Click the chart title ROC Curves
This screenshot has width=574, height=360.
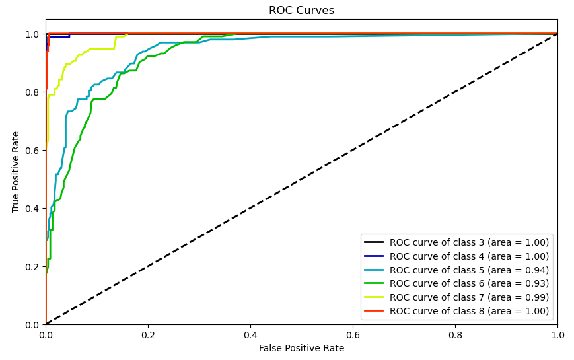(x=301, y=11)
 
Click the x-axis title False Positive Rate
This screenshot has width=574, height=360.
(x=301, y=348)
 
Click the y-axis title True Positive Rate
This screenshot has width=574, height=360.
(x=17, y=172)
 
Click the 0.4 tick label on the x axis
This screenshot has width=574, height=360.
(x=250, y=335)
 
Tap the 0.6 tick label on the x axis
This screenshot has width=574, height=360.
(x=353, y=335)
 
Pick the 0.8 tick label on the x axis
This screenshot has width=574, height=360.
(x=455, y=335)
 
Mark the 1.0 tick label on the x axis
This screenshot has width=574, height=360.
(x=557, y=335)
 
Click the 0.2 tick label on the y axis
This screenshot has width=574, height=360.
(x=31, y=267)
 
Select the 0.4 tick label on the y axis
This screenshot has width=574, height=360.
(x=31, y=209)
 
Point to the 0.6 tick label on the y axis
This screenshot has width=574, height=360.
(x=31, y=151)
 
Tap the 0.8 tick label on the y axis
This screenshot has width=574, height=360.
(x=31, y=92)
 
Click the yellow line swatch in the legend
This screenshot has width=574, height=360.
(x=375, y=297)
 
